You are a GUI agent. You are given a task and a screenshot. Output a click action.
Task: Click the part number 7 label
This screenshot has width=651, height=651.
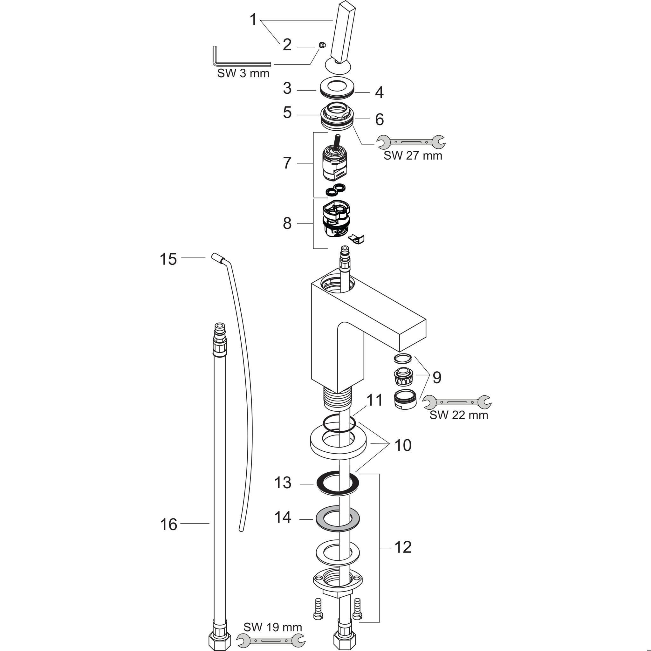coord(287,163)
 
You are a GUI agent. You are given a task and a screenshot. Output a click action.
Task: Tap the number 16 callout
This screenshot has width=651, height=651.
coord(168,524)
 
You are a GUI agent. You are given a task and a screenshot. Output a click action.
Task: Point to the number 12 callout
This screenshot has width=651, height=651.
coord(403,547)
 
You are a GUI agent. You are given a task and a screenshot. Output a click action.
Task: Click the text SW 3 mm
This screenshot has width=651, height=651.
coord(243,73)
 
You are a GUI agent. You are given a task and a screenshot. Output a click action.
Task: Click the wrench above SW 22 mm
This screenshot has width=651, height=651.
coord(457,402)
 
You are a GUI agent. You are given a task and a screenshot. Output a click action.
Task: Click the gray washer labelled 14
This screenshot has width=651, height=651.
coord(338,519)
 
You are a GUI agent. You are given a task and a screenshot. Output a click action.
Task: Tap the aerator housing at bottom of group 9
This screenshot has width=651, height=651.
coord(405,399)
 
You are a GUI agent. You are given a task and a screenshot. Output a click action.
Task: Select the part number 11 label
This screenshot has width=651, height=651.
coord(374,400)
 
